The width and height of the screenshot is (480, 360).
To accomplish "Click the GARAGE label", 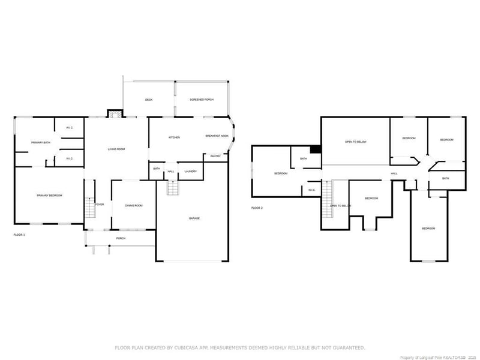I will click(x=194, y=218).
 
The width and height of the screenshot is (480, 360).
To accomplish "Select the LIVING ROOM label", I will click(x=116, y=149).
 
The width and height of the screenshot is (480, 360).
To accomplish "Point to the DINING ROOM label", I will click(x=133, y=206).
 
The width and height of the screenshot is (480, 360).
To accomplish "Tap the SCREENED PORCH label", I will click(x=202, y=100).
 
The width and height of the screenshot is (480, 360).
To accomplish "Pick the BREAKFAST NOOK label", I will click(x=217, y=136).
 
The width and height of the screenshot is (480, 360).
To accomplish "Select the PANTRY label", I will click(x=215, y=157).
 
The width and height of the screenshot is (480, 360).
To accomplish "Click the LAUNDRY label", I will click(x=191, y=172).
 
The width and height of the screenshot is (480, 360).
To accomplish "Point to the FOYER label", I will click(x=100, y=205).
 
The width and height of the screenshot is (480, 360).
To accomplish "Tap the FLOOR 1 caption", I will click(x=19, y=235).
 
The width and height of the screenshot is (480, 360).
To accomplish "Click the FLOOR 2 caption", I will click(x=257, y=208).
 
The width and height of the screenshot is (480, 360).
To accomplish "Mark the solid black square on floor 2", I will click(x=315, y=150).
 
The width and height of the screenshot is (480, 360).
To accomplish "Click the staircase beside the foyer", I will click(x=90, y=208).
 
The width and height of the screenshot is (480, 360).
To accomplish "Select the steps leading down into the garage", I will click(x=173, y=188).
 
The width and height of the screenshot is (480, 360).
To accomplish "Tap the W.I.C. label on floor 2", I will click(x=311, y=190).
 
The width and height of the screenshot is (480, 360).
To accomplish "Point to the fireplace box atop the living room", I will click(x=114, y=113).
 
